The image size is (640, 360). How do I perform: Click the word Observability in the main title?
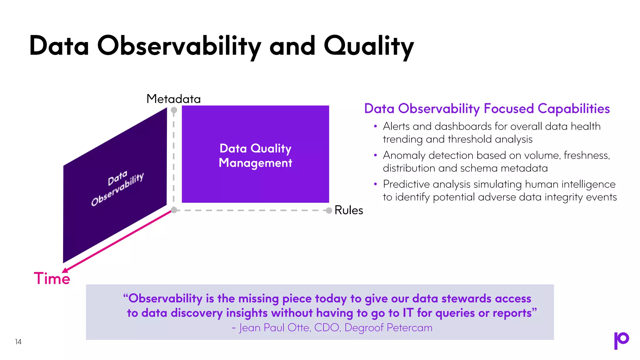click(179, 46)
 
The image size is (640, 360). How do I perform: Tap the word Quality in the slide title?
click(369, 46)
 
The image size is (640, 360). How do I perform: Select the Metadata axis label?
click(173, 99)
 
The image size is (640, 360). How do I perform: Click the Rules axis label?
click(349, 210)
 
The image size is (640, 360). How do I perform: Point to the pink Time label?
click(52, 278)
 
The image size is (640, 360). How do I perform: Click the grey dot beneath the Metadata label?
click(174, 110)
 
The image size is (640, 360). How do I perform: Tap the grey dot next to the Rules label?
click(329, 211)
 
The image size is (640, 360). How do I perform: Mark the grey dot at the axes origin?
click(174, 210)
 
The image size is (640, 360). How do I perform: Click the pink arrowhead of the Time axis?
click(65, 270)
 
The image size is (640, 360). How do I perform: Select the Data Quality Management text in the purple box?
click(255, 156)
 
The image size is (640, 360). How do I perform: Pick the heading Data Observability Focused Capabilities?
click(487, 109)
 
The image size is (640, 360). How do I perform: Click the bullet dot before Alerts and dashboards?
click(375, 126)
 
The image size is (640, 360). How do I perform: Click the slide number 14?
click(18, 342)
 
